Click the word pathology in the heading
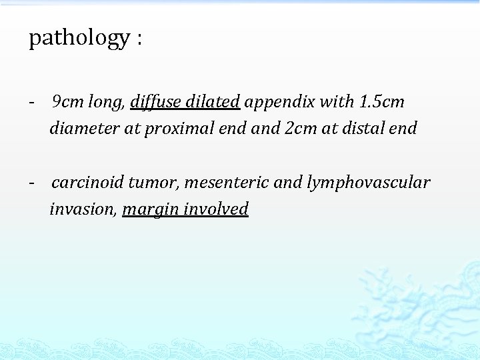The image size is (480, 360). pyautogui.click(x=79, y=38)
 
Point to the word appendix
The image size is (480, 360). pyautogui.click(x=279, y=103)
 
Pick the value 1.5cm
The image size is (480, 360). pyautogui.click(x=381, y=102)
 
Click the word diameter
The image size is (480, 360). pyautogui.click(x=85, y=128)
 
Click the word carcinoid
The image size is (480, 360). pyautogui.click(x=87, y=182)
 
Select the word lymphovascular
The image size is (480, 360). pyautogui.click(x=369, y=183)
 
